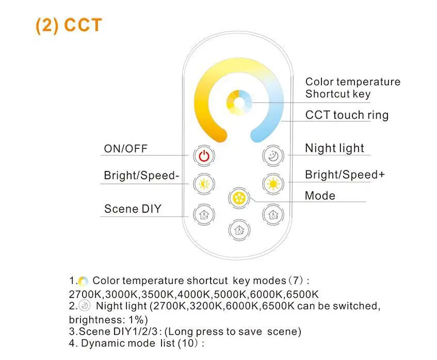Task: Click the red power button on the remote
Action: coord(204,155)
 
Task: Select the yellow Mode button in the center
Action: coord(238,198)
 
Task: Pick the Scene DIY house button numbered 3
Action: coord(272,214)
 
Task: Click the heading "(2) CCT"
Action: coord(69,25)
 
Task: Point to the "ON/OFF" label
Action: coord(126,149)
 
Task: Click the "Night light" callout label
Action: coord(334,149)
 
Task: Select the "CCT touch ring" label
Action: coord(347,115)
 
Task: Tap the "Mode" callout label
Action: coord(320,196)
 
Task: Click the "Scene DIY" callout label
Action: coord(133,209)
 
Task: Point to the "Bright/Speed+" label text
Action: coord(345,175)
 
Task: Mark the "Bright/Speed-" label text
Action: coord(141,176)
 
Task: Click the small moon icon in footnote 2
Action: coord(86,306)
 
